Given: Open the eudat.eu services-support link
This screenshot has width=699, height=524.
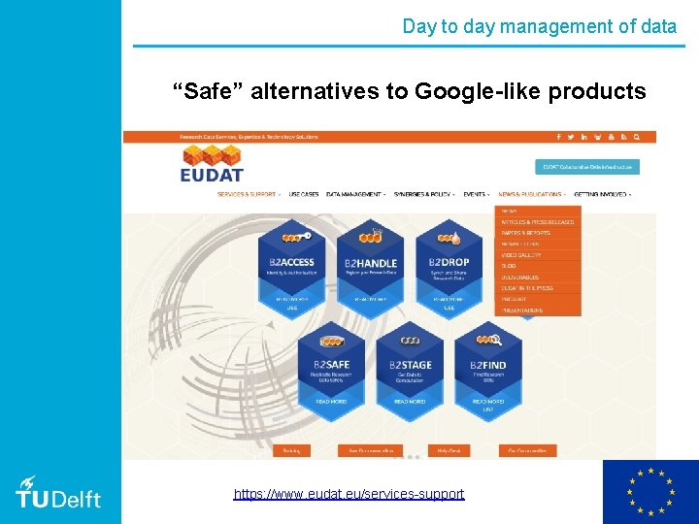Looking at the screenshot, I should (x=349, y=494).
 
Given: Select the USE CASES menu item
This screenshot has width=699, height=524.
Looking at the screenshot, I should (x=304, y=194).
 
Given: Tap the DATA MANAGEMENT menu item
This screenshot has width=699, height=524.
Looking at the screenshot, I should (x=354, y=194).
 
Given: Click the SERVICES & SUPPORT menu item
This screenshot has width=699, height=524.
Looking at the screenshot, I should (x=248, y=194).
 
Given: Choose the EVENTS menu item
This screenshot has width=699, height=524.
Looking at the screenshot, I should (x=476, y=194).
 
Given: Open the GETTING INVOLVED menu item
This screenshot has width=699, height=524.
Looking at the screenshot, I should (x=601, y=194).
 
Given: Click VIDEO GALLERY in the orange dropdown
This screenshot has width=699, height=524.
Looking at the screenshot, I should (x=521, y=255).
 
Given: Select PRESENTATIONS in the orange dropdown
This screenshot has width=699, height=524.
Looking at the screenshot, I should (x=522, y=311).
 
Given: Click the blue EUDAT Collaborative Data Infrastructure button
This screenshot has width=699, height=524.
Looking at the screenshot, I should (x=587, y=167).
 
